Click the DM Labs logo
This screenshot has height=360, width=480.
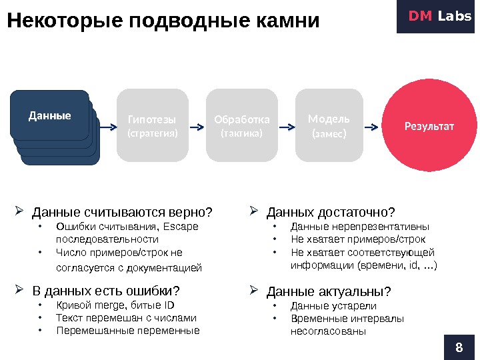[x=438, y=16]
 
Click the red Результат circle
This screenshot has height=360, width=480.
[x=429, y=125]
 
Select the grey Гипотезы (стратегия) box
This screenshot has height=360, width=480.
[x=152, y=125]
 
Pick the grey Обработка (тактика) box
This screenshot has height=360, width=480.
[x=242, y=125]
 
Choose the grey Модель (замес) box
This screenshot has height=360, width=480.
[x=329, y=125]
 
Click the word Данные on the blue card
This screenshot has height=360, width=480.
[x=50, y=115]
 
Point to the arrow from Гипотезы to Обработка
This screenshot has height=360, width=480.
[x=198, y=125]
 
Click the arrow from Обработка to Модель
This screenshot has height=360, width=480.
[x=287, y=125]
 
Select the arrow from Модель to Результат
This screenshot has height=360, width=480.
[x=375, y=125]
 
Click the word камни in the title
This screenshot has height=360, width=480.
[x=287, y=21]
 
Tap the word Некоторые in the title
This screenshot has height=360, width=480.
[x=64, y=21]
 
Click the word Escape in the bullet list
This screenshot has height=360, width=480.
[x=185, y=227]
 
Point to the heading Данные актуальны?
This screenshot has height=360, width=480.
[x=329, y=292]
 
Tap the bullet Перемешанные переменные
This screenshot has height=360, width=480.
[x=128, y=330]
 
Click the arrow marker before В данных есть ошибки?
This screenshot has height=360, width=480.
[x=19, y=290]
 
